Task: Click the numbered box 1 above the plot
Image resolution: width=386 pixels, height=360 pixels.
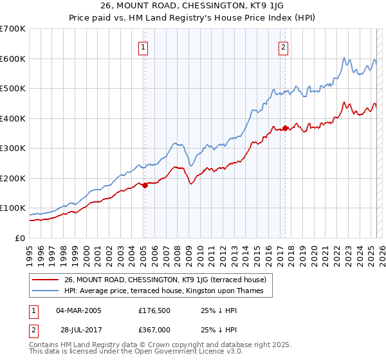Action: point(142,46)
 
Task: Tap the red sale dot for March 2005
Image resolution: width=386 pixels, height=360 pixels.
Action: point(145,185)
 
